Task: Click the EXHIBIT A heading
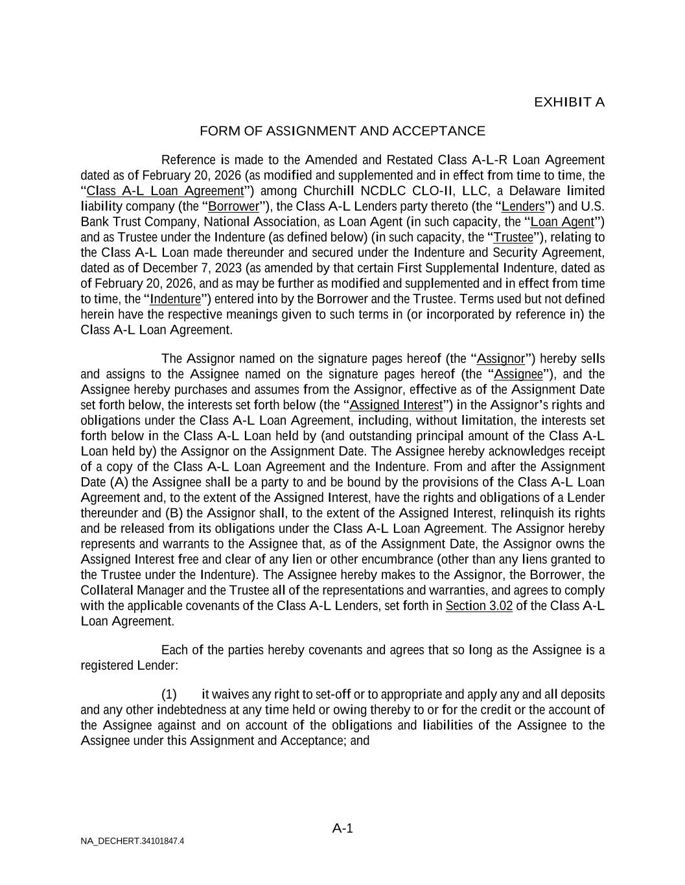[x=569, y=102]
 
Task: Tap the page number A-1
[x=342, y=828]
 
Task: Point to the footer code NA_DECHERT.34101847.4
[x=132, y=842]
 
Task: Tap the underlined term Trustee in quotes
[x=513, y=238]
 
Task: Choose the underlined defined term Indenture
[x=176, y=300]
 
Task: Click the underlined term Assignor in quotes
[x=500, y=359]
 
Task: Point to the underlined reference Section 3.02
[x=479, y=606]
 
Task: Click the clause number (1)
[x=169, y=694]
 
